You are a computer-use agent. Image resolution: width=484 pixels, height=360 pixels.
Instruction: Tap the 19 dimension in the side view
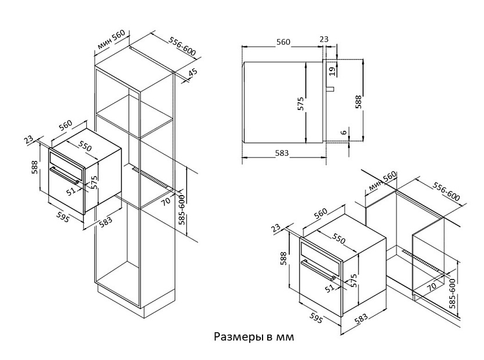[331, 71]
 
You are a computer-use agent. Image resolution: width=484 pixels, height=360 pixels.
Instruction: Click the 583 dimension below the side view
[282, 153]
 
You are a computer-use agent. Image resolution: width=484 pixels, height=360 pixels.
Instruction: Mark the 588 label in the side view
[359, 102]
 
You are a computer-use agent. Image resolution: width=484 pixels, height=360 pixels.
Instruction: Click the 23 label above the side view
[324, 40]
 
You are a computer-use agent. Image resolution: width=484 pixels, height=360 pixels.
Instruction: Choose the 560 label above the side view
[283, 42]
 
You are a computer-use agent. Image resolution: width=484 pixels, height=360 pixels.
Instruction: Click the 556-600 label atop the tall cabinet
[182, 47]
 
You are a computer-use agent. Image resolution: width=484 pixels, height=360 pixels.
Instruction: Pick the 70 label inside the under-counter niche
[431, 285]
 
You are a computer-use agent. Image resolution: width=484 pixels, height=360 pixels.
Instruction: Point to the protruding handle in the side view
[331, 89]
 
